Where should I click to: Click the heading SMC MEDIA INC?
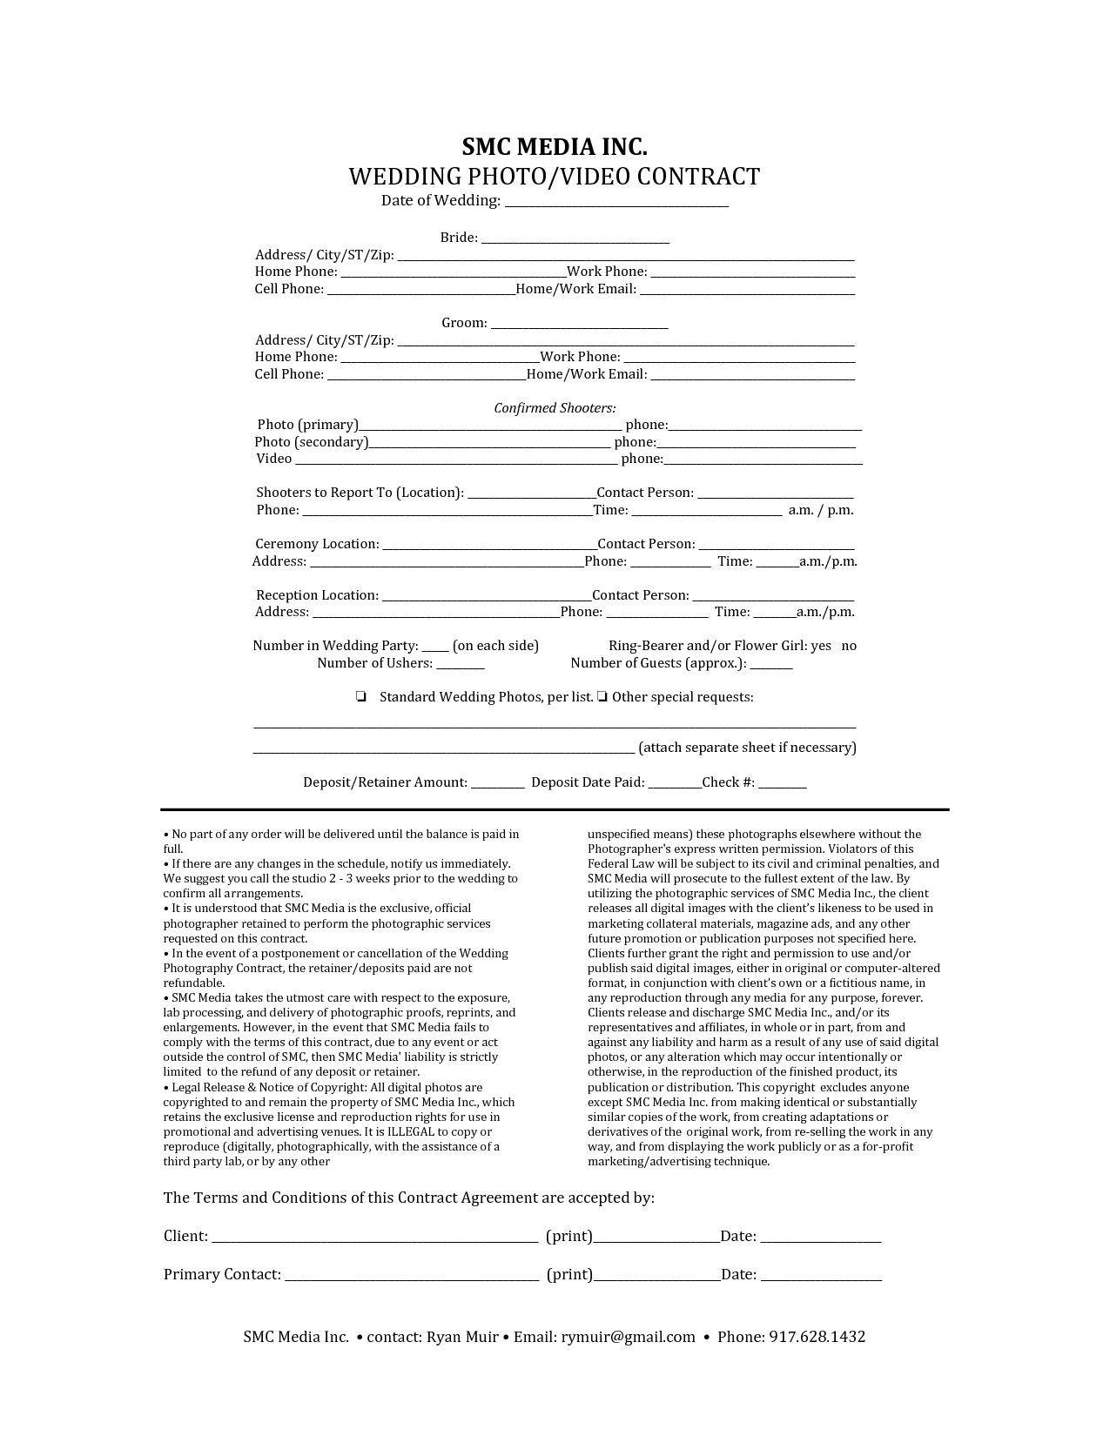click(555, 146)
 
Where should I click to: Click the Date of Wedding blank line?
click(616, 204)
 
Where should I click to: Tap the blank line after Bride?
click(575, 239)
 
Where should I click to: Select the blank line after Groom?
click(580, 325)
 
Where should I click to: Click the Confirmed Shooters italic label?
click(555, 408)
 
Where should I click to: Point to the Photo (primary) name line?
click(490, 426)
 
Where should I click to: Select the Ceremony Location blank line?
click(489, 546)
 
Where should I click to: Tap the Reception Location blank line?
click(487, 597)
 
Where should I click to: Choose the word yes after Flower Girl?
click(821, 646)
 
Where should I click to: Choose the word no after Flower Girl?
click(849, 646)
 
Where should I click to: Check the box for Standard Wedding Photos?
click(360, 697)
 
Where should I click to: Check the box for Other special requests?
click(602, 697)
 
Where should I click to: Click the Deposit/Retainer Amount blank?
click(497, 784)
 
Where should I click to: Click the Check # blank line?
click(782, 784)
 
